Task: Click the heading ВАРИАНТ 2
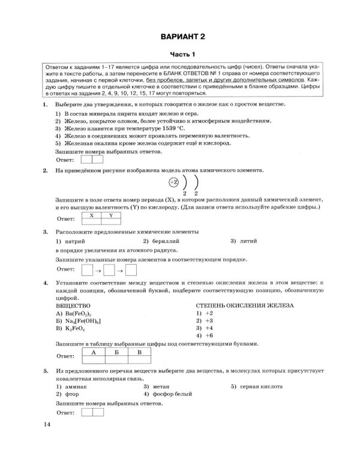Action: (x=182, y=37)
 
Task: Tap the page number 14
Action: (x=49, y=425)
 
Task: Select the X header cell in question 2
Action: (x=91, y=214)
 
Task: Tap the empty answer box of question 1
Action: (x=85, y=160)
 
